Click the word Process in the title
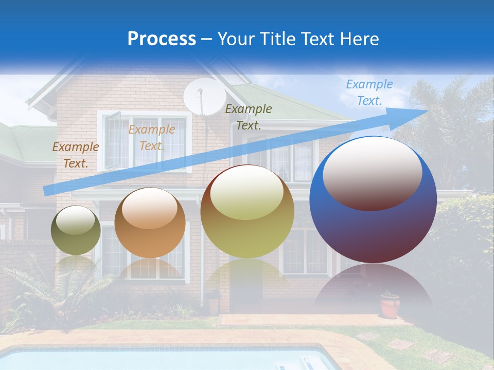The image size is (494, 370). [x=162, y=39]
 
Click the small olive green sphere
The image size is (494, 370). [x=76, y=230]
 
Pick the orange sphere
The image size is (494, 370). [x=150, y=223]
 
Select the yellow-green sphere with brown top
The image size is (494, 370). [x=247, y=212]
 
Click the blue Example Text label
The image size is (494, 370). [x=369, y=92]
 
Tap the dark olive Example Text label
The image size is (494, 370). [x=249, y=117]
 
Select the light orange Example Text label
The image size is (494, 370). [x=152, y=138]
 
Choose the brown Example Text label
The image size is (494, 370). [x=75, y=155]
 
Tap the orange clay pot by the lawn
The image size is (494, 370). [x=390, y=305]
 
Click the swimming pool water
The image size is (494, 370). [x=154, y=360]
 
